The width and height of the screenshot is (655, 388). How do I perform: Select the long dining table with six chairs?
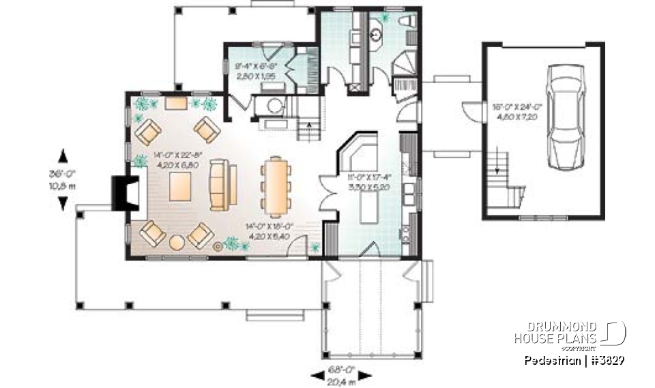(277, 184)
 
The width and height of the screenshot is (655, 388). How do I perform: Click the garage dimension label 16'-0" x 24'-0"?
(515, 111)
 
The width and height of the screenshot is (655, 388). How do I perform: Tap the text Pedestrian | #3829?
(575, 360)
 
